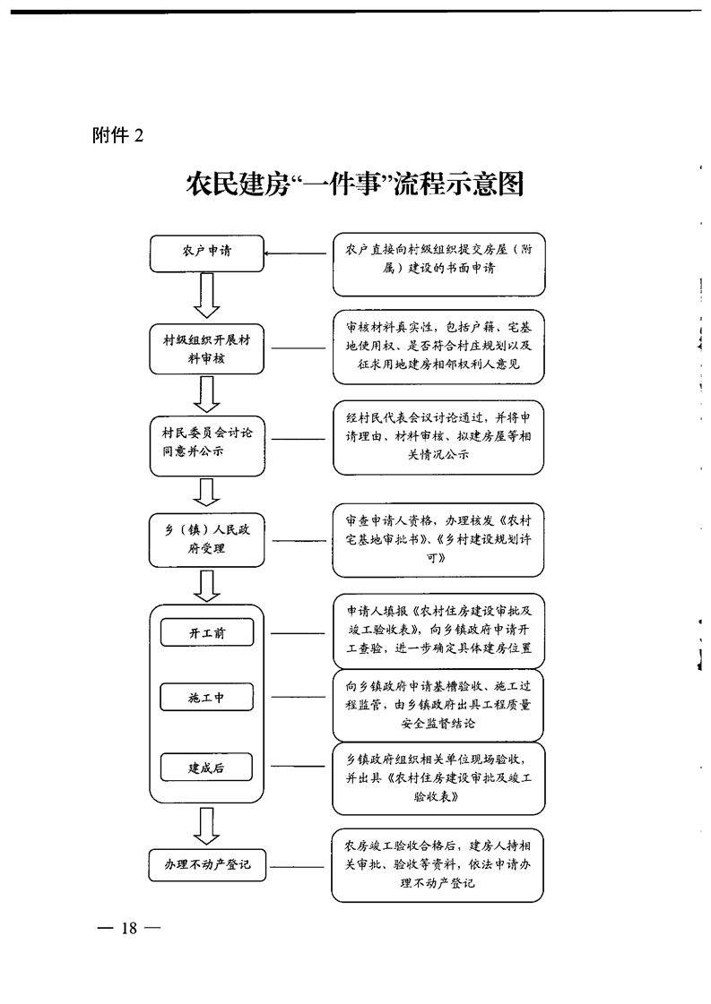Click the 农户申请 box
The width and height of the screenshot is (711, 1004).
(206, 253)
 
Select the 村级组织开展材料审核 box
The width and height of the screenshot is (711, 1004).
(206, 348)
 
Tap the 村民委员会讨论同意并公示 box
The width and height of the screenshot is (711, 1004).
(206, 442)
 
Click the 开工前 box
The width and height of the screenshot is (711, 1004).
(206, 633)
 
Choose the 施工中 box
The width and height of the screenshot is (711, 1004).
(206, 697)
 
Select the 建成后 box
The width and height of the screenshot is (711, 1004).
(206, 768)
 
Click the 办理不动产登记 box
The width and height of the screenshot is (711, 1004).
(206, 865)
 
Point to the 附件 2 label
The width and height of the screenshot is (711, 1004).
(117, 135)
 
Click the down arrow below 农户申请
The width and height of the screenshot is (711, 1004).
(207, 296)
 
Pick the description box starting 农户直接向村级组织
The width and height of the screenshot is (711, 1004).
(438, 265)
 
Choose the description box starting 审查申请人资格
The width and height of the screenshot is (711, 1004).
(438, 539)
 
